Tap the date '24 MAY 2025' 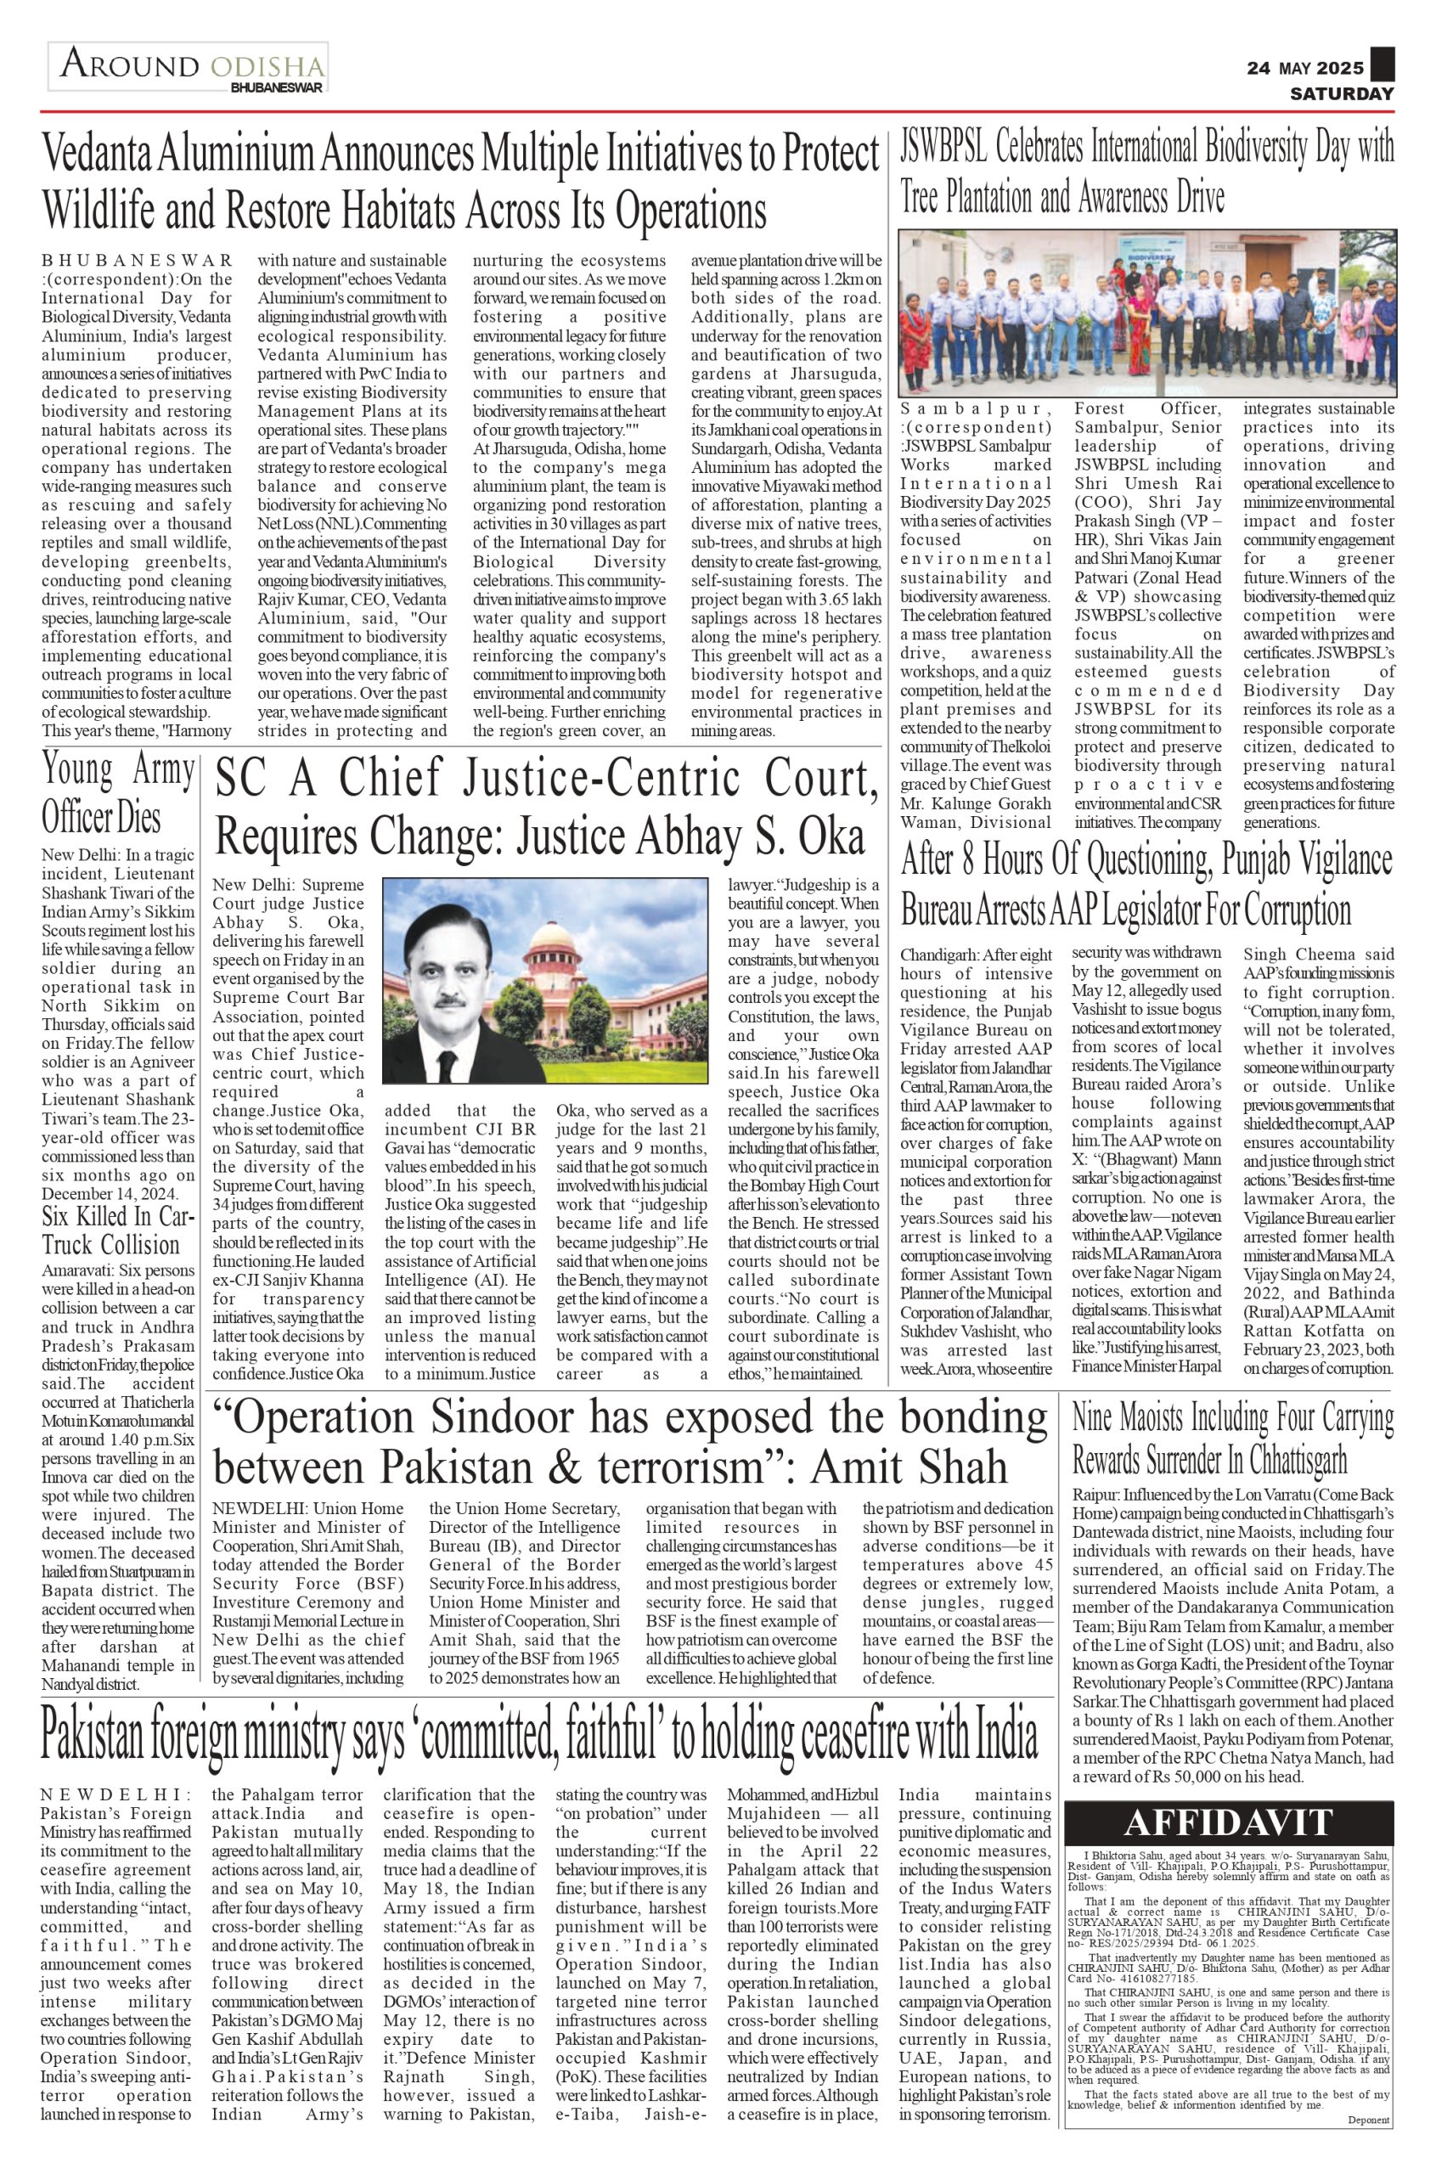point(1305,69)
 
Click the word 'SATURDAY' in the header point(1342,93)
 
